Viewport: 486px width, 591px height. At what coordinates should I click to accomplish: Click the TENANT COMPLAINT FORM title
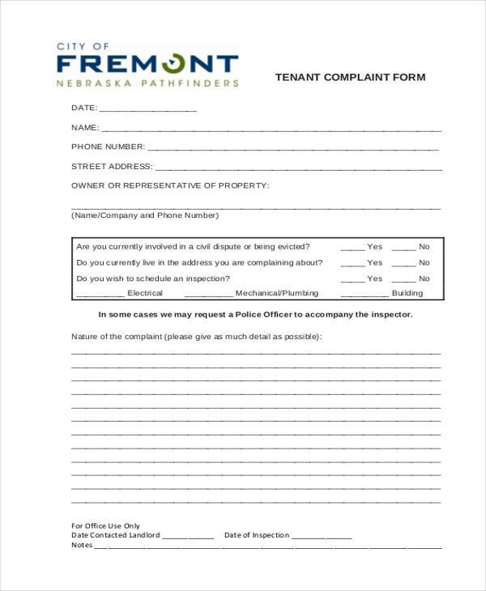click(350, 78)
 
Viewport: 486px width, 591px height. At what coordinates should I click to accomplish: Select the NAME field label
click(85, 127)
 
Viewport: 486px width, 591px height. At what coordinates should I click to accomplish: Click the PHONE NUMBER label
click(108, 147)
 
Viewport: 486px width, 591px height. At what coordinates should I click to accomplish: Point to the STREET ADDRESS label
click(112, 166)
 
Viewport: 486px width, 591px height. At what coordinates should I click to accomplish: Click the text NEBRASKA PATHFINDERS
click(147, 83)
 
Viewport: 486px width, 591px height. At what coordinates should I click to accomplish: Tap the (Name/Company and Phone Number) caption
click(145, 215)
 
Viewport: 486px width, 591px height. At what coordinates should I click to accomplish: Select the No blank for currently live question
click(403, 264)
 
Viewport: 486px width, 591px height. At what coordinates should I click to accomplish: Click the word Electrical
click(145, 293)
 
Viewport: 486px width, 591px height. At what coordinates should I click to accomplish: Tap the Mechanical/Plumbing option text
click(276, 293)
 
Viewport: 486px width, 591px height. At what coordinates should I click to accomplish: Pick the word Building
click(407, 293)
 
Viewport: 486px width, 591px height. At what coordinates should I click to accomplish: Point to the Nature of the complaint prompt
click(196, 336)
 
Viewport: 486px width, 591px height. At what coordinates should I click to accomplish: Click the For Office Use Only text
click(105, 525)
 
